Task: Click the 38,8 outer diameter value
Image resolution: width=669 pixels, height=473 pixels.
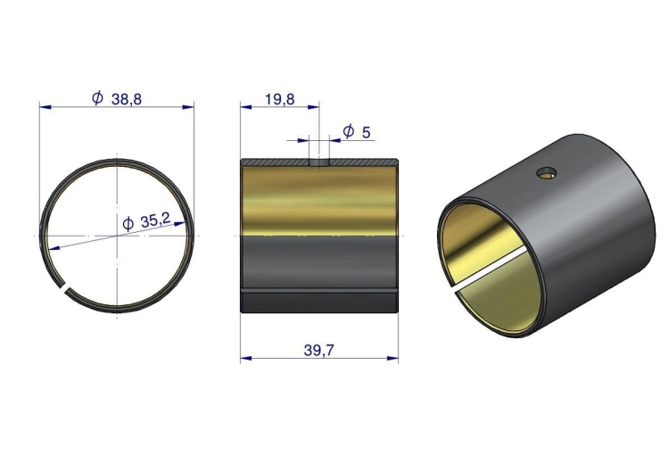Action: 127,99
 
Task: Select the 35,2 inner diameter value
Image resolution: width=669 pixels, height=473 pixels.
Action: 155,220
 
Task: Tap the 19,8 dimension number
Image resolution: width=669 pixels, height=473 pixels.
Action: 279,99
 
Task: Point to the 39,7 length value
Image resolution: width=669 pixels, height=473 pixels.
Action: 319,351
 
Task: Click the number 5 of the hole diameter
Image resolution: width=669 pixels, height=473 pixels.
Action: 366,132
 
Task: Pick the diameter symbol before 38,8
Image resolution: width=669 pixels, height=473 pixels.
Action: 97,98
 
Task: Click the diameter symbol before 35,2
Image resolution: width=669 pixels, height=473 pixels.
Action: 128,224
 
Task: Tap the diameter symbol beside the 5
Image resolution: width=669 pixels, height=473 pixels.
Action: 349,131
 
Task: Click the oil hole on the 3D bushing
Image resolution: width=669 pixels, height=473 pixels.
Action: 546,173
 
